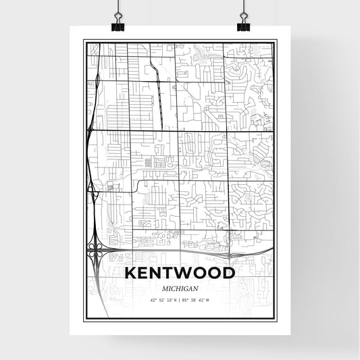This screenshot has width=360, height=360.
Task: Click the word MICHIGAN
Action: (x=180, y=288)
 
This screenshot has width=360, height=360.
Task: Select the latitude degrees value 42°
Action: (x=153, y=300)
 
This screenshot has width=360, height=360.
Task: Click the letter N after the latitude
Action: (x=174, y=300)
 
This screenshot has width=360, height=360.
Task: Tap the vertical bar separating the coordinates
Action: (x=180, y=300)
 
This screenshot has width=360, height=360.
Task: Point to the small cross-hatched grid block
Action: (x=148, y=162)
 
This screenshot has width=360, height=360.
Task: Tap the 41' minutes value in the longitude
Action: (x=202, y=300)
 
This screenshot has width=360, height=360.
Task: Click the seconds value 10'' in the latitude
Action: (x=168, y=300)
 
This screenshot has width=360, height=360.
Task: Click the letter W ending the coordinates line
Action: (x=207, y=300)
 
